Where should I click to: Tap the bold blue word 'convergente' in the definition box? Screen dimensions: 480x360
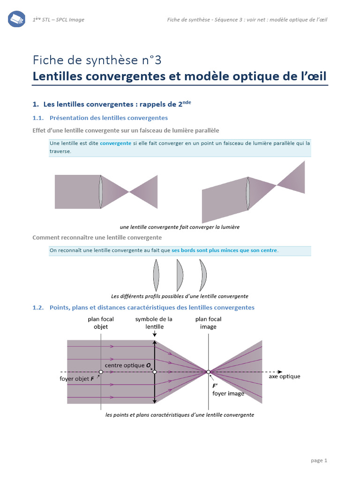click(115, 143)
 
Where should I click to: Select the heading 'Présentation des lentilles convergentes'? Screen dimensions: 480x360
click(108, 118)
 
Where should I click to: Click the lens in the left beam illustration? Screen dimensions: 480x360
click(101, 191)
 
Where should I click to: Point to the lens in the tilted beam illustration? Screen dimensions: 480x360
click(248, 193)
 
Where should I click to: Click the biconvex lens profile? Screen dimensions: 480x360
click(156, 276)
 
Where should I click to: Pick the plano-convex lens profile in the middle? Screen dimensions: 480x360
click(180, 276)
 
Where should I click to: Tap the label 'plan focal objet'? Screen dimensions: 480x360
click(101, 323)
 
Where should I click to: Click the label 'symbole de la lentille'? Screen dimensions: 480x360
click(154, 323)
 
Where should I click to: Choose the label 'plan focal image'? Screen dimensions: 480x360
click(208, 323)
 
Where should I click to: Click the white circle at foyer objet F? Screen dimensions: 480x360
click(101, 372)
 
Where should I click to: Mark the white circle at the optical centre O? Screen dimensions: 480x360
click(155, 372)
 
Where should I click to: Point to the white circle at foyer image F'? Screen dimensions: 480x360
click(209, 372)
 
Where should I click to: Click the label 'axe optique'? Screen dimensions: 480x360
click(285, 376)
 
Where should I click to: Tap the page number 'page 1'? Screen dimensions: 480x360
click(319, 460)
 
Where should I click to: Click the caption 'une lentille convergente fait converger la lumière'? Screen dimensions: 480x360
click(180, 227)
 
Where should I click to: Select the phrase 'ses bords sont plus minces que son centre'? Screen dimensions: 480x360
click(225, 250)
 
